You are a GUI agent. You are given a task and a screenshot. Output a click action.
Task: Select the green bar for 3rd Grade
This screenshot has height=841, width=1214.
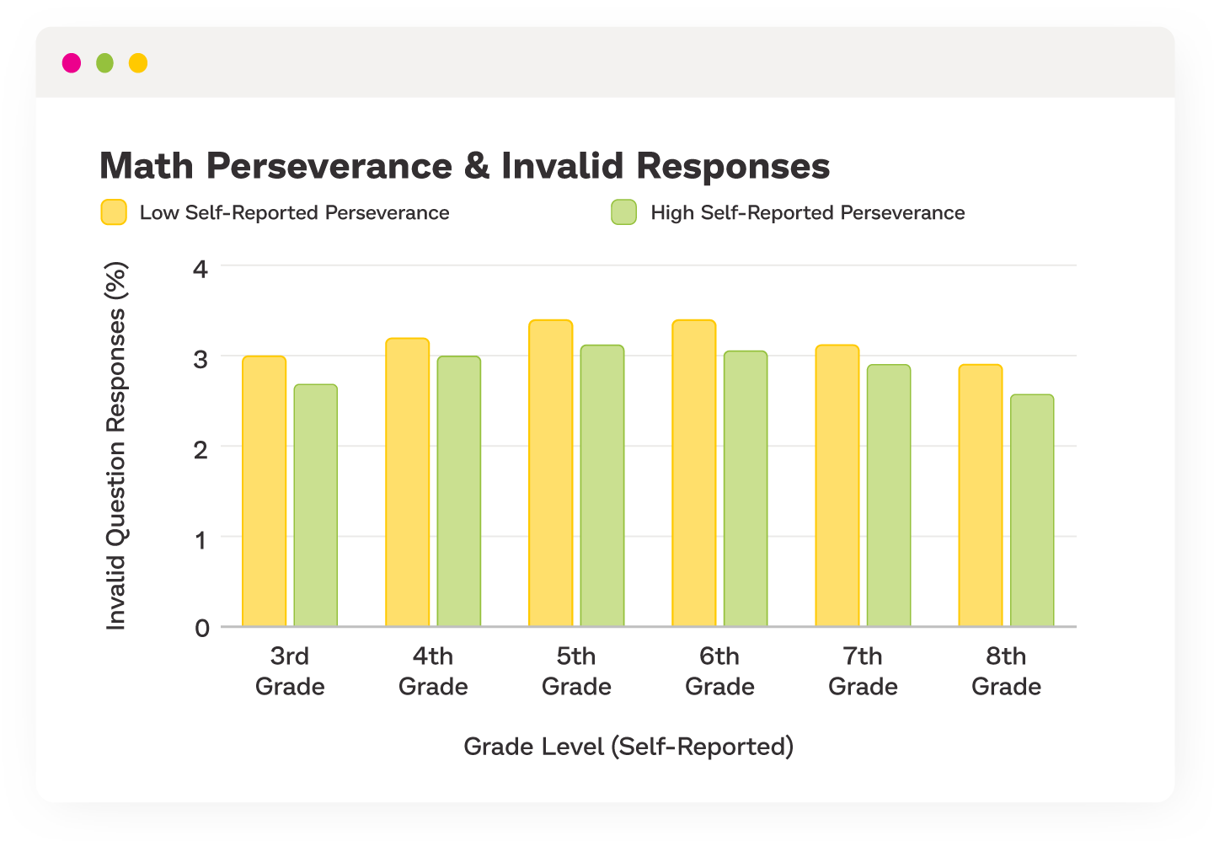point(316,506)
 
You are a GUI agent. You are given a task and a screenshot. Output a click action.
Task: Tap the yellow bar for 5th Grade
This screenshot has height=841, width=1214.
point(551,474)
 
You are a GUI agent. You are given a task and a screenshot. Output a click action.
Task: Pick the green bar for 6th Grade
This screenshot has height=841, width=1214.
point(746,489)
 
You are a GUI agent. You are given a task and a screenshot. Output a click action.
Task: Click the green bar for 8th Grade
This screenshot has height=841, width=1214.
point(1032,511)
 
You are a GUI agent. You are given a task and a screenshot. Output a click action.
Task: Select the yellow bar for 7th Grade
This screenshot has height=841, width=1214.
point(837,486)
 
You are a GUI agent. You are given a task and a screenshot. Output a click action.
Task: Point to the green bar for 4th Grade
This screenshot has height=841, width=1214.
point(459,491)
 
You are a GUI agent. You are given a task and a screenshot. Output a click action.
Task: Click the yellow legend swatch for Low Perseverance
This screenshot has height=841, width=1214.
point(114,212)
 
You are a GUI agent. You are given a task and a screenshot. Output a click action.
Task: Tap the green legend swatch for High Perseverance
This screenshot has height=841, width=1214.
point(623,212)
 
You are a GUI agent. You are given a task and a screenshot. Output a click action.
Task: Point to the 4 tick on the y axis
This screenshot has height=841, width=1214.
point(201,269)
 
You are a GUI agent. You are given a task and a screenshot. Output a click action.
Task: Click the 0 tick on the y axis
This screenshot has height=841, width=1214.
point(201,628)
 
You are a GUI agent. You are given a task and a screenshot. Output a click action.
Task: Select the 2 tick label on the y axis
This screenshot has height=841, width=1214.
point(201,449)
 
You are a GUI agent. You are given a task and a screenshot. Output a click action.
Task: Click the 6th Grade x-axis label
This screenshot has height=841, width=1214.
point(719,671)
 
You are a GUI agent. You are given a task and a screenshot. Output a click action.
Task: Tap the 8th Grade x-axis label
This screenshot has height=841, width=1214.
point(1006,671)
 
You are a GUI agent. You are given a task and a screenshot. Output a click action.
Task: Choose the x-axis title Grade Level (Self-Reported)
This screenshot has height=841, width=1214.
point(628,747)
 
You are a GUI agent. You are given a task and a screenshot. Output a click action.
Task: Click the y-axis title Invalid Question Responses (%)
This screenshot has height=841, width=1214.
point(115,446)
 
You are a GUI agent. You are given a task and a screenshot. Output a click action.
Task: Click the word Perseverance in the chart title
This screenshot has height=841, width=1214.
point(329,166)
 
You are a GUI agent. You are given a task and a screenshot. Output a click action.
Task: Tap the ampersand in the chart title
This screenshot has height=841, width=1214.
point(477,166)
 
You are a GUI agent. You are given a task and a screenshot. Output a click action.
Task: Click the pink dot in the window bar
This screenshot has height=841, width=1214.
point(72,63)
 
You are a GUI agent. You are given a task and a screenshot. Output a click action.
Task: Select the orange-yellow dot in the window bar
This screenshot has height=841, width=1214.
point(138,63)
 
